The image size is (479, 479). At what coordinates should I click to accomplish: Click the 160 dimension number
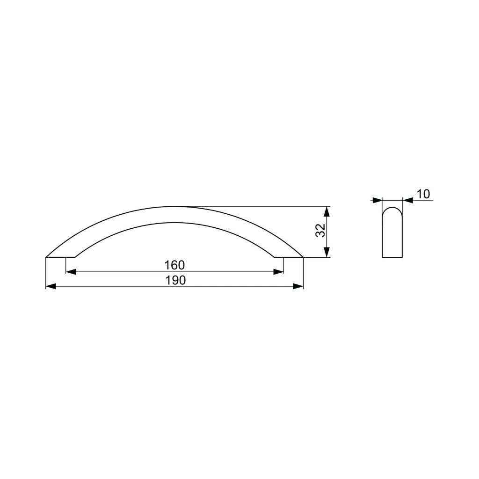click(174, 265)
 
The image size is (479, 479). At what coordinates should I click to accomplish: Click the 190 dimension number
click(175, 280)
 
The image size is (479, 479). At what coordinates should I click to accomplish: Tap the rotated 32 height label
click(320, 230)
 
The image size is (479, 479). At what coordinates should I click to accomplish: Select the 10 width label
click(423, 194)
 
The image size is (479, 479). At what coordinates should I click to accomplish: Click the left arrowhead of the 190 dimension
click(51, 286)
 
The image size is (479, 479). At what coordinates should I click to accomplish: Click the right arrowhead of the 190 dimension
click(298, 286)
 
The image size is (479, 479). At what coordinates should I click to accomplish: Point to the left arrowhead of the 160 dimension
click(71, 272)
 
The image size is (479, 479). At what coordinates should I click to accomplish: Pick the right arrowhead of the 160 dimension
click(278, 272)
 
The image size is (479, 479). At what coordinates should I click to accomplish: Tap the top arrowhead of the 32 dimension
click(327, 212)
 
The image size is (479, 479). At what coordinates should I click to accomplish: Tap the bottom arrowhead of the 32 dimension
click(327, 252)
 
